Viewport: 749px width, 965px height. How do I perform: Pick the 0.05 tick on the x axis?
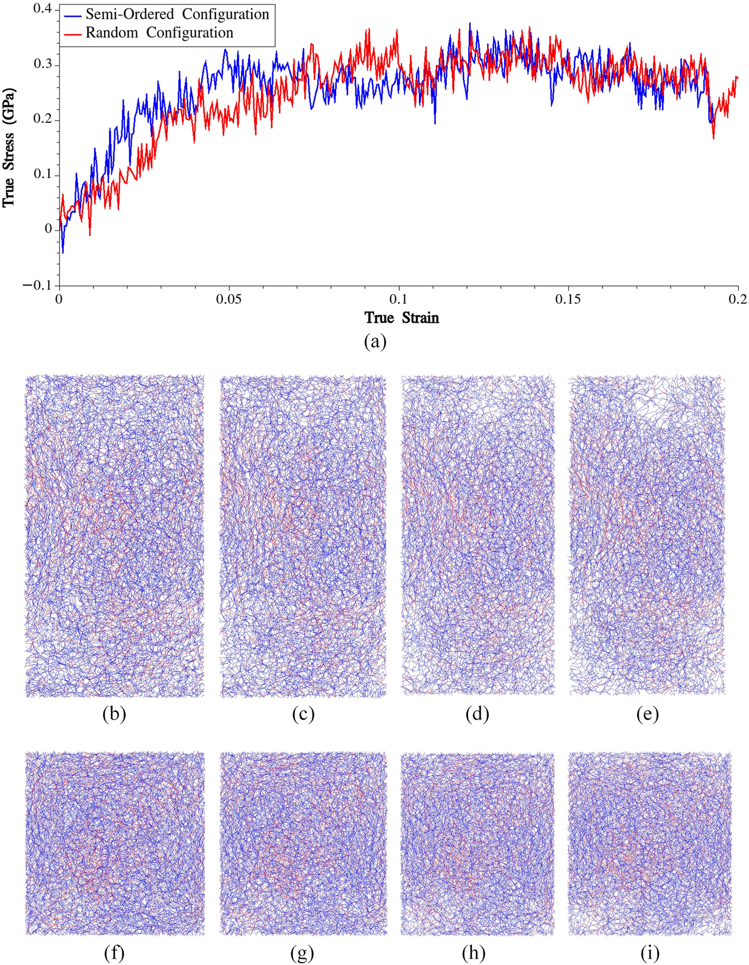pyautogui.click(x=229, y=299)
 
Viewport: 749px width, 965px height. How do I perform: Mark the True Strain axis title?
pyautogui.click(x=401, y=318)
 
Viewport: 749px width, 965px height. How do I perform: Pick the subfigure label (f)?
pyautogui.click(x=114, y=954)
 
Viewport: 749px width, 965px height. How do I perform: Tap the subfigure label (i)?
pyautogui.click(x=650, y=954)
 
